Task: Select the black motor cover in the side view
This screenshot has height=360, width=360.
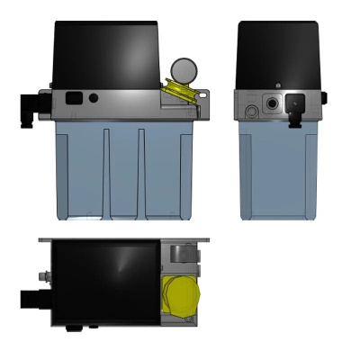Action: pos(278,52)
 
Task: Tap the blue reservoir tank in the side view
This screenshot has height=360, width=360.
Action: pos(277,171)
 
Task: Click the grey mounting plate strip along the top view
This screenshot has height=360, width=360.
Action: pos(126,240)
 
